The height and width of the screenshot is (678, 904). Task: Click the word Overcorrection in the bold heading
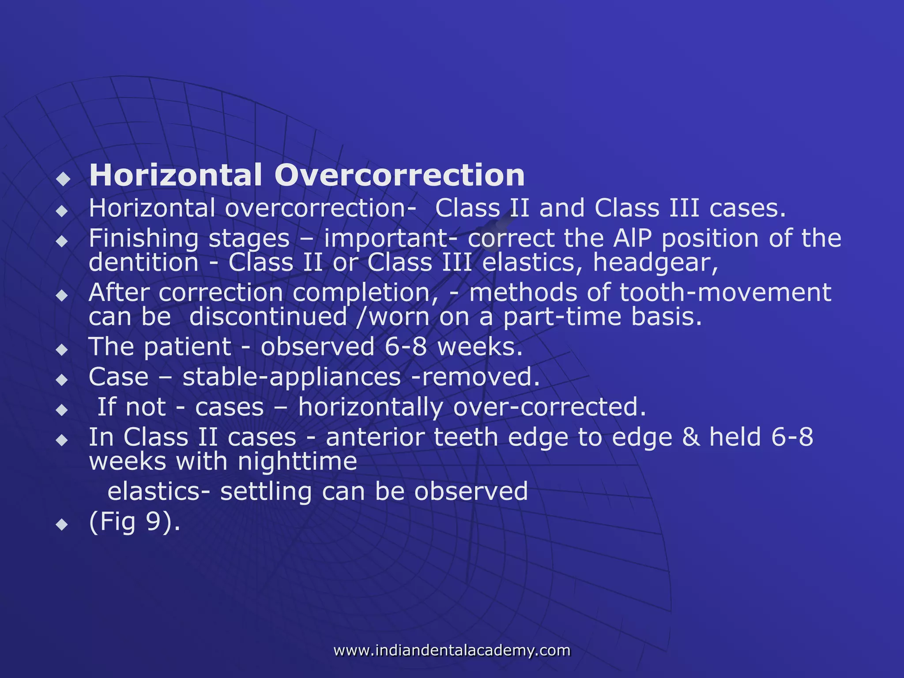pyautogui.click(x=399, y=176)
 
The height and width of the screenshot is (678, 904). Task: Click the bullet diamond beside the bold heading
pyautogui.click(x=64, y=179)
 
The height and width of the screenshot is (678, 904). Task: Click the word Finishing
pyautogui.click(x=143, y=239)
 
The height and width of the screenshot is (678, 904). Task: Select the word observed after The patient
pyautogui.click(x=317, y=347)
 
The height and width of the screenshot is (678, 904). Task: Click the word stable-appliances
pyautogui.click(x=292, y=377)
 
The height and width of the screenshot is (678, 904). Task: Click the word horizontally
pyautogui.click(x=370, y=407)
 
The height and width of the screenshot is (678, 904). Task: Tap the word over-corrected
pyautogui.click(x=550, y=407)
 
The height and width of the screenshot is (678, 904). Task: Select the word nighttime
pyautogui.click(x=297, y=462)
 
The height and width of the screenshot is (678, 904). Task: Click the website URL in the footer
pyautogui.click(x=452, y=650)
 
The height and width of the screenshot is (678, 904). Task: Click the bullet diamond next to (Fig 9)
pyautogui.click(x=63, y=525)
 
